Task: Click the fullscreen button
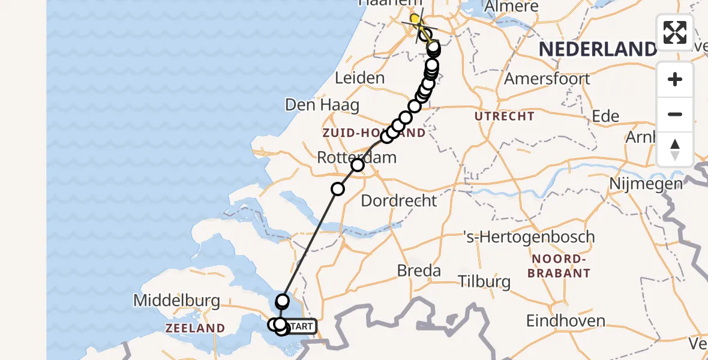(x=675, y=32)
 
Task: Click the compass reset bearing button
(x=675, y=149)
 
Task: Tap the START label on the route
(x=302, y=326)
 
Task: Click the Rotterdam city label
(x=357, y=158)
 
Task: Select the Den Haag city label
(x=322, y=106)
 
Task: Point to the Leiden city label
(x=359, y=78)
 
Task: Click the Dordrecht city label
(x=399, y=200)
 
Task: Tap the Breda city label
(x=419, y=271)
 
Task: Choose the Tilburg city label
(x=484, y=281)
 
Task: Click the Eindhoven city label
(x=566, y=320)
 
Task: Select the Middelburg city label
(x=177, y=300)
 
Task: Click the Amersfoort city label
(x=539, y=79)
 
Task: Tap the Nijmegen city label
(x=646, y=183)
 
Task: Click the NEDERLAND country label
(x=598, y=49)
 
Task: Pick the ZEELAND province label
(x=196, y=328)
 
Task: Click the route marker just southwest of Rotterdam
(x=338, y=189)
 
